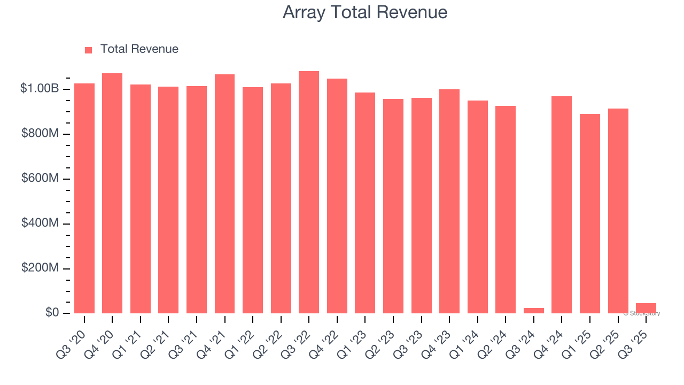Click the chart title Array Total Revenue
click(x=365, y=12)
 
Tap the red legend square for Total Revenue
click(x=89, y=50)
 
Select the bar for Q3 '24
click(x=533, y=310)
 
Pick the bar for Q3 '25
click(x=646, y=308)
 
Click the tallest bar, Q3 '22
click(x=309, y=192)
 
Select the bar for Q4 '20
click(x=112, y=193)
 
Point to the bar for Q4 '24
click(x=562, y=205)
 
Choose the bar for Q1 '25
click(x=590, y=213)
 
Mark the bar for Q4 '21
click(x=224, y=194)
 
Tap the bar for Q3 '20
click(x=84, y=198)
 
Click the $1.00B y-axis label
click(x=40, y=89)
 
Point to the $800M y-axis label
click(x=40, y=134)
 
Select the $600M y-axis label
click(x=40, y=178)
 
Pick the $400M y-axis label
click(x=40, y=223)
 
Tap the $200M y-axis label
click(x=40, y=268)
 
